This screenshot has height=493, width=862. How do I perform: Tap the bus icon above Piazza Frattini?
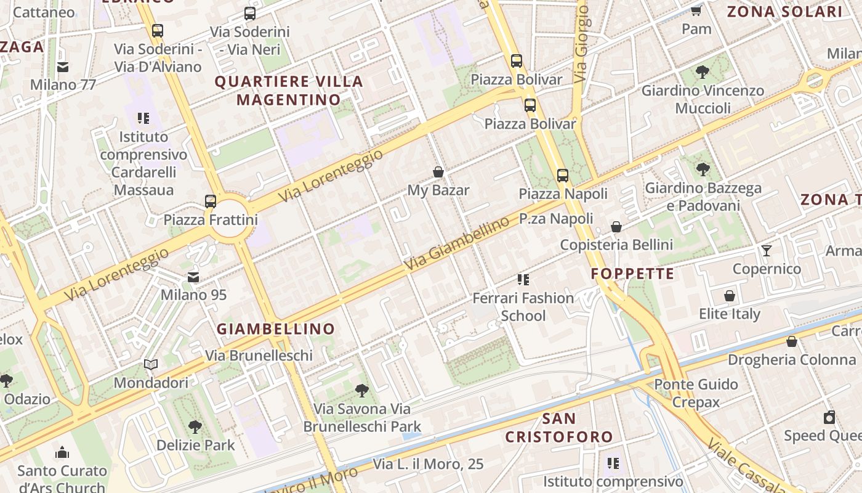[x=211, y=201]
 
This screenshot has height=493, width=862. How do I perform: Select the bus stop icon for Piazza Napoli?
[x=563, y=175]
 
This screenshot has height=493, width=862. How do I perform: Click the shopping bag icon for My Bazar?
[x=438, y=172]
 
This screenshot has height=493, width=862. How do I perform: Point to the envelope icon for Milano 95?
[x=193, y=277]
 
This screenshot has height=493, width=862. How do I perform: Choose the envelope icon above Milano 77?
[x=63, y=67]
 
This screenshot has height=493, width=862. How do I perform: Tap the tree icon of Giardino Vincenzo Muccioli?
[x=702, y=72]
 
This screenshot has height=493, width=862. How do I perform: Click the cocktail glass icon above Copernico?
[x=767, y=250]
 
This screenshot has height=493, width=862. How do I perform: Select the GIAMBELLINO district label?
[x=276, y=329]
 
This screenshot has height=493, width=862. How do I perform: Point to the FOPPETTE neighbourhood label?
[x=633, y=274]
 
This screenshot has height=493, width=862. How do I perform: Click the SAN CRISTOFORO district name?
[x=559, y=428]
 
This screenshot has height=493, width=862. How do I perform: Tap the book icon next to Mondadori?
[x=151, y=364]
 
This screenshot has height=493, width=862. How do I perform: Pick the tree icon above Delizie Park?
[x=195, y=426]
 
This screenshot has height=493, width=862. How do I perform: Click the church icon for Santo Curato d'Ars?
[x=62, y=452]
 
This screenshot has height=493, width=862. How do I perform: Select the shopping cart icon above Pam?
[x=696, y=10]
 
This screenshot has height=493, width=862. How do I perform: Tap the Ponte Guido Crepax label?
[x=696, y=393]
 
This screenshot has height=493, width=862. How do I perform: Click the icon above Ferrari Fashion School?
[x=523, y=280]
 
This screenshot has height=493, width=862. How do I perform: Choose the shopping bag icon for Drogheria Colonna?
[x=792, y=341]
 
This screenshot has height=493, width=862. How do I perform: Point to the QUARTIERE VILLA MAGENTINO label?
[x=289, y=90]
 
